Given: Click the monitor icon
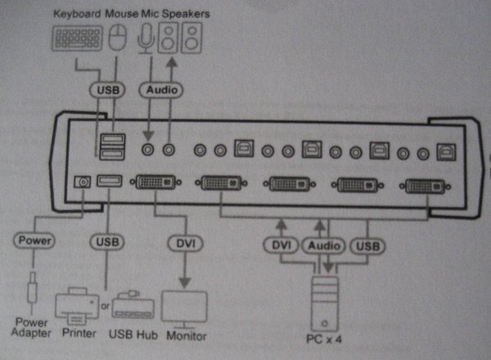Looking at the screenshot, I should [185, 308].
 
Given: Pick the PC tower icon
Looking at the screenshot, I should [326, 302].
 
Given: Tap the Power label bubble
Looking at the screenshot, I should [34, 241].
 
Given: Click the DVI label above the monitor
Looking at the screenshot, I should [183, 243].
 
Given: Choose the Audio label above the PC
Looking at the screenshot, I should [324, 245].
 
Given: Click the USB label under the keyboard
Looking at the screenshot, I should [108, 89].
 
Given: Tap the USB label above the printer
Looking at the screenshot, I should [108, 241].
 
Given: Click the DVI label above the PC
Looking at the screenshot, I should [281, 245].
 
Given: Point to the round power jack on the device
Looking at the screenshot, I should [81, 182].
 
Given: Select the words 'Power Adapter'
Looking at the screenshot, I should [33, 327].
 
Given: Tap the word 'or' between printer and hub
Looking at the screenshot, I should [105, 308].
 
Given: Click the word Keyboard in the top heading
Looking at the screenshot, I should [76, 14].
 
